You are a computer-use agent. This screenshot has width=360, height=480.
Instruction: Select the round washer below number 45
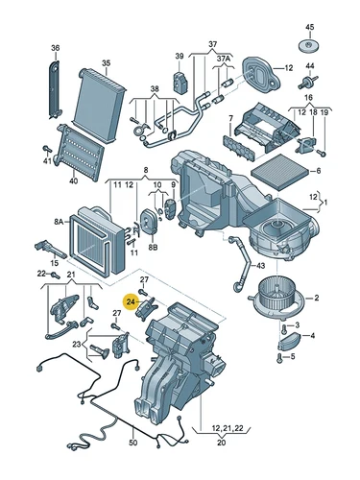click(309, 46)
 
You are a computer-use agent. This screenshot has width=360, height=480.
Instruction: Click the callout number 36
click(55, 48)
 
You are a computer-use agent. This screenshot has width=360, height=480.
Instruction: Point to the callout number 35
click(106, 63)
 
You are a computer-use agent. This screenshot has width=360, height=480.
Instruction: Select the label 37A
click(223, 59)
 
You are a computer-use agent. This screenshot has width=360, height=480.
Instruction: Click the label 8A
click(58, 220)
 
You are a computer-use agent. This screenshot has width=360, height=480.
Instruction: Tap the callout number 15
click(55, 261)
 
